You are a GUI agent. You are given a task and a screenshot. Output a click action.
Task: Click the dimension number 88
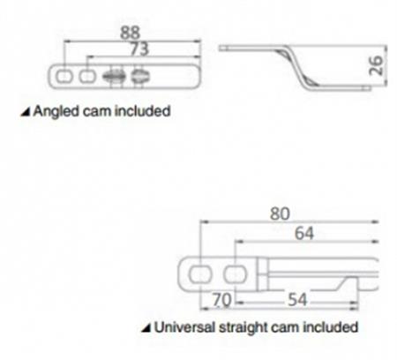click(x=130, y=32)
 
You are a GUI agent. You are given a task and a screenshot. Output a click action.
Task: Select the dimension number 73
click(x=139, y=49)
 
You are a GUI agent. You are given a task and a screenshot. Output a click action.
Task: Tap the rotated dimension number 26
click(x=376, y=65)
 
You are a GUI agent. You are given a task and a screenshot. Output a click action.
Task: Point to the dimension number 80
click(x=280, y=214)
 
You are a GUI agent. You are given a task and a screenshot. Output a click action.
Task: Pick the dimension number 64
click(x=304, y=234)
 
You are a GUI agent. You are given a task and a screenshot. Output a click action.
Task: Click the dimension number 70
click(x=222, y=300)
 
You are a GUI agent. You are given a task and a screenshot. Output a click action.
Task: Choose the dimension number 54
click(x=297, y=300)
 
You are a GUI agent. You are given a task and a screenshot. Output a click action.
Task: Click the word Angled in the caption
click(x=56, y=112)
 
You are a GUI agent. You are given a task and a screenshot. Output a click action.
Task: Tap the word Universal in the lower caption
click(x=184, y=327)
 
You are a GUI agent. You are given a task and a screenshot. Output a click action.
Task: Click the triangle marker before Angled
click(x=26, y=112)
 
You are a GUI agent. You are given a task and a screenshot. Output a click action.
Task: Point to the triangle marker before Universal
click(x=146, y=327)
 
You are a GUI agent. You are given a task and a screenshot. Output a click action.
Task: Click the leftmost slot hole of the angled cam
click(x=64, y=77)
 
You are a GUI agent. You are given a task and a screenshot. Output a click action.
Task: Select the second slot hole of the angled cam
click(x=87, y=77)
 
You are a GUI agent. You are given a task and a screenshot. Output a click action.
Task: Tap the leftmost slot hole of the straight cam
click(x=200, y=274)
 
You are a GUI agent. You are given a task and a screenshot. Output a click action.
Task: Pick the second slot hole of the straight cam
click(x=236, y=274)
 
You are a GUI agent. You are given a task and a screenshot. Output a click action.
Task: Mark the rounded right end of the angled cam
click(x=198, y=76)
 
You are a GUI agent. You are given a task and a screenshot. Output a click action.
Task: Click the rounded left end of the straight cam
click(x=180, y=274)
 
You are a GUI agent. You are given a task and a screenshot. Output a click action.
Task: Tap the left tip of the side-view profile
click(x=220, y=48)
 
